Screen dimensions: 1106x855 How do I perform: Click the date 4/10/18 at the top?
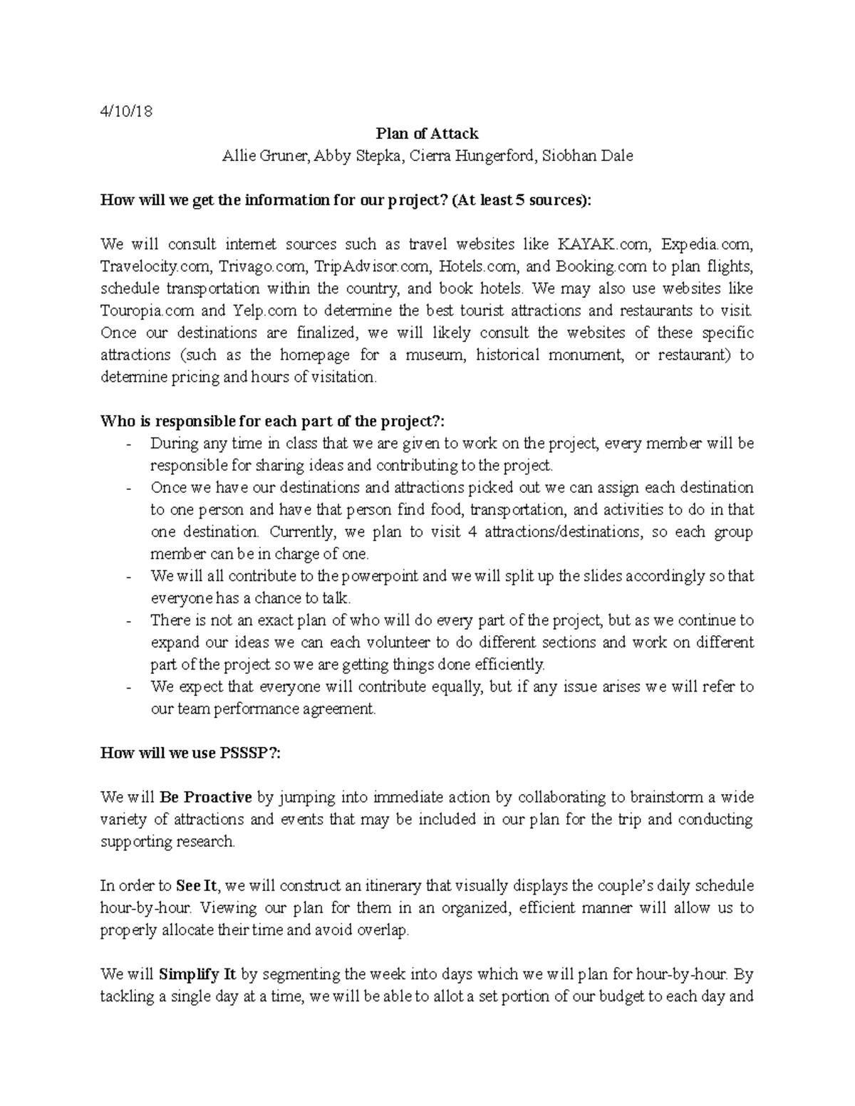pos(127,112)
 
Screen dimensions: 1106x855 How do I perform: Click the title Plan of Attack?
pos(427,133)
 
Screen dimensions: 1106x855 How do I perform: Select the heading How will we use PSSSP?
pos(190,753)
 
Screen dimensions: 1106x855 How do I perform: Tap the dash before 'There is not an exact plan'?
pos(128,621)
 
